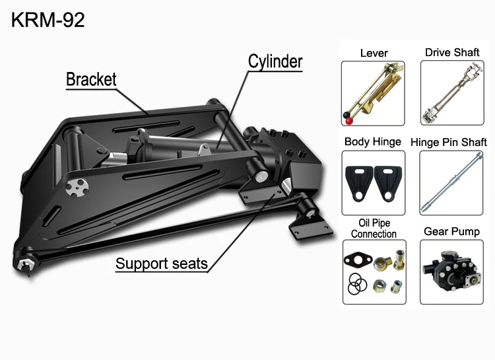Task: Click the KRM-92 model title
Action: (48, 20)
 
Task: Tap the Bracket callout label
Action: (91, 80)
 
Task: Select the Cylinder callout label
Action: (275, 62)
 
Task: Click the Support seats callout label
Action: (162, 264)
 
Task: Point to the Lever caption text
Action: (374, 53)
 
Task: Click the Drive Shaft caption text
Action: (452, 53)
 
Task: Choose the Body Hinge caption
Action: (372, 142)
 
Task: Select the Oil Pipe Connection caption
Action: (374, 229)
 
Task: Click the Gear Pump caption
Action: (451, 232)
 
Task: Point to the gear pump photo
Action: (451, 268)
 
